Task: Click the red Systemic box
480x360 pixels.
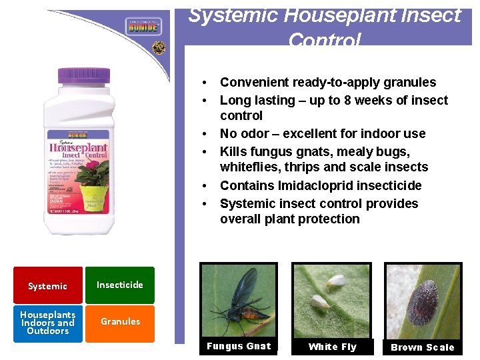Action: pos(47,286)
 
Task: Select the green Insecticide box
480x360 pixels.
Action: pos(120,285)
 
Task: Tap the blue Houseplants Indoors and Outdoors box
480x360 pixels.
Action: pos(47,323)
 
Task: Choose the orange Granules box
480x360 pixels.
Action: pos(120,321)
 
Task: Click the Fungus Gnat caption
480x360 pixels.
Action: pos(239,346)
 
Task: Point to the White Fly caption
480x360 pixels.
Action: pos(332,347)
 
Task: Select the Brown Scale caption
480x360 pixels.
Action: pos(423,347)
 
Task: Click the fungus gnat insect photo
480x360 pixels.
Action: pos(238,301)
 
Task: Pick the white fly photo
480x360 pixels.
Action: pos(331,301)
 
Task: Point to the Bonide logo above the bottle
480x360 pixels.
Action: pos(144,27)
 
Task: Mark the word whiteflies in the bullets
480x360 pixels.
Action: pos(251,167)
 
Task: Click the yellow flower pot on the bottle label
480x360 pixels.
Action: pos(94,195)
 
